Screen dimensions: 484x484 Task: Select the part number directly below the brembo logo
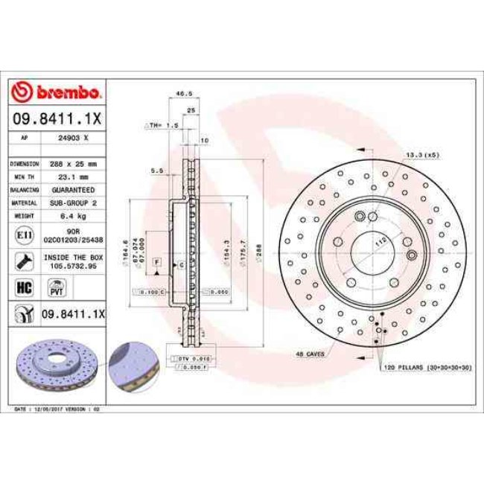click(x=56, y=118)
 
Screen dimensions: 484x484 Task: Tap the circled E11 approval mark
click(x=22, y=235)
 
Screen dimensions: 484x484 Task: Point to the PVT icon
click(x=55, y=287)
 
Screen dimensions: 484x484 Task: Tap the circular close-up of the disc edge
click(x=133, y=366)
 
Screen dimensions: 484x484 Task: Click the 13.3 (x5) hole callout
click(x=421, y=154)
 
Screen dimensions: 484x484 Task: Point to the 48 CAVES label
click(x=310, y=354)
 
